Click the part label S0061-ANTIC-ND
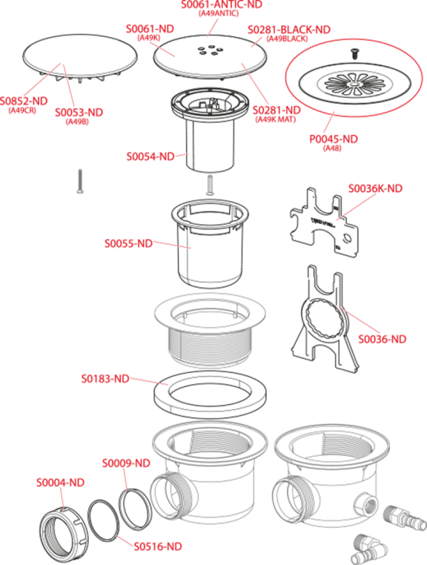tap(221, 4)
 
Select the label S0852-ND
tap(24, 101)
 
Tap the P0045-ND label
tap(334, 139)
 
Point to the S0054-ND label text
tap(150, 156)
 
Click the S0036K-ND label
tap(375, 188)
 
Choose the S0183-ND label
tap(105, 379)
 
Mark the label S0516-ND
tap(158, 546)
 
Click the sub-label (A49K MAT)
tap(276, 119)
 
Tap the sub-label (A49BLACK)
tap(287, 39)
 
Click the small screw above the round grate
tap(354, 54)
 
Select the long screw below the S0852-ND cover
tap(80, 181)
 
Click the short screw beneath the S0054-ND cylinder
tap(210, 185)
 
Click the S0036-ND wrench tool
tap(323, 319)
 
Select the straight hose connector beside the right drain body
tap(404, 516)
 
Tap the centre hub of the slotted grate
tap(351, 84)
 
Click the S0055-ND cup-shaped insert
tap(210, 244)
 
